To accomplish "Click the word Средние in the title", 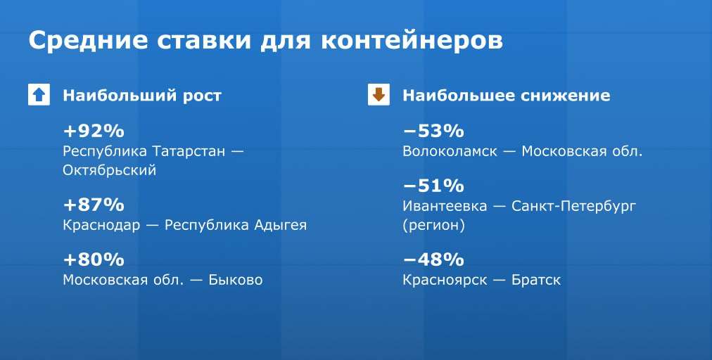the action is pyautogui.click(x=88, y=41).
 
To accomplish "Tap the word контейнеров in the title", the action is pyautogui.click(x=412, y=41).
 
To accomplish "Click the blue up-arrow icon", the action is pyautogui.click(x=39, y=94).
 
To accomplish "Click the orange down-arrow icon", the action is pyautogui.click(x=379, y=94).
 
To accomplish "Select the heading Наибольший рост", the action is pyautogui.click(x=142, y=96).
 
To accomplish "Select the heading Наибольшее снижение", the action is pyautogui.click(x=507, y=96).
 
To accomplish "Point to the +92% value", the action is pyautogui.click(x=94, y=131).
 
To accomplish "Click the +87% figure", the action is pyautogui.click(x=94, y=205).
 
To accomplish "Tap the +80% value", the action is pyautogui.click(x=94, y=259).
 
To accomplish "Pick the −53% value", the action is pyautogui.click(x=433, y=131).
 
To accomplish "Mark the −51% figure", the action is pyautogui.click(x=433, y=186).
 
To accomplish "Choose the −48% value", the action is pyautogui.click(x=433, y=259).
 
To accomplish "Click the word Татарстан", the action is pyautogui.click(x=189, y=150).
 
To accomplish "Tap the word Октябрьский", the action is pyautogui.click(x=110, y=170).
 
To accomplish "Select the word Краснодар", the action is pyautogui.click(x=101, y=225).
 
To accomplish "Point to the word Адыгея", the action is pyautogui.click(x=280, y=225).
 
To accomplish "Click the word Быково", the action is pyautogui.click(x=235, y=280).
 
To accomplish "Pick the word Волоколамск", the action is pyautogui.click(x=450, y=151).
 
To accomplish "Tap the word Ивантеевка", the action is pyautogui.click(x=445, y=206).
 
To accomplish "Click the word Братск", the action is pyautogui.click(x=536, y=280).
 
